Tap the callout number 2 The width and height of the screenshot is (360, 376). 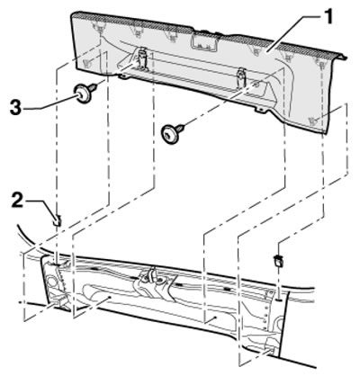[x=16, y=201]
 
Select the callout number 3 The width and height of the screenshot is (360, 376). [x=15, y=108]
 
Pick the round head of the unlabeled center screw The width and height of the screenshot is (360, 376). [x=169, y=134]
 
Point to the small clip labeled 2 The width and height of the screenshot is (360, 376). [x=58, y=220]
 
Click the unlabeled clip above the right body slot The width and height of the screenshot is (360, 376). [x=279, y=261]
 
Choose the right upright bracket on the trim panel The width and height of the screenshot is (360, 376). [x=242, y=78]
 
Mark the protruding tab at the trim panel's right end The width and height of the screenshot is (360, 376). [x=342, y=57]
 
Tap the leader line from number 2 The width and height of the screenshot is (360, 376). [x=42, y=207]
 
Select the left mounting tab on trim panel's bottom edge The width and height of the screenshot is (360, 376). [x=123, y=77]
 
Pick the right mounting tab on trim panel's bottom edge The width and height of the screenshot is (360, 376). [x=260, y=110]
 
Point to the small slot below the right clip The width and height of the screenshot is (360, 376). [x=279, y=300]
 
